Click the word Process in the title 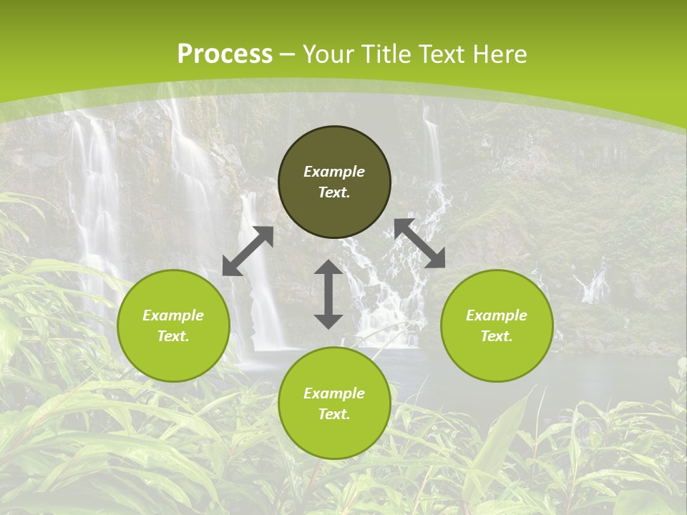coord(225,54)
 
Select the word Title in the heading coord(388,54)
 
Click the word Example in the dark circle coord(334,172)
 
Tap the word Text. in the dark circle coord(334,192)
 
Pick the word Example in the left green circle coord(173,315)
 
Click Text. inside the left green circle coord(173,336)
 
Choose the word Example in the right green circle coord(497,315)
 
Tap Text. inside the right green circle coord(497,336)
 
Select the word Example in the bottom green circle coord(334,393)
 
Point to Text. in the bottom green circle coord(334,414)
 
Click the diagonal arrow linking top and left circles coord(248,251)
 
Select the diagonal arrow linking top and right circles coord(419,243)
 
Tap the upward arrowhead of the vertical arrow coord(328,268)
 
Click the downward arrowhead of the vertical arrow coord(328,320)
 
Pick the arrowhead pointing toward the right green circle coord(436,259)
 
